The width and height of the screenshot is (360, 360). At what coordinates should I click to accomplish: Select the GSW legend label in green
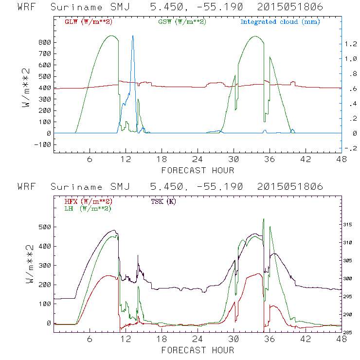click(181, 21)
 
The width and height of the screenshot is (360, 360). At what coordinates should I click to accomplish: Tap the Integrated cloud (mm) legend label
click(280, 21)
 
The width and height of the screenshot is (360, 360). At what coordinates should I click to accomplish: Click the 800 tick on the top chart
click(45, 42)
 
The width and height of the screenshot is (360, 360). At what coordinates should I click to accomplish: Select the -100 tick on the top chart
click(43, 144)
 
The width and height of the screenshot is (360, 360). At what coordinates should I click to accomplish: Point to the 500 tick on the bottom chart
click(45, 227)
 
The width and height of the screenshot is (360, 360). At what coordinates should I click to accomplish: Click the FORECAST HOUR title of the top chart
click(198, 170)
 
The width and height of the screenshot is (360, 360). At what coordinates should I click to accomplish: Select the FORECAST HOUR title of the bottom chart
click(198, 350)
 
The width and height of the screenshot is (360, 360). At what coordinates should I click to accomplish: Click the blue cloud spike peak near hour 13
click(133, 36)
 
